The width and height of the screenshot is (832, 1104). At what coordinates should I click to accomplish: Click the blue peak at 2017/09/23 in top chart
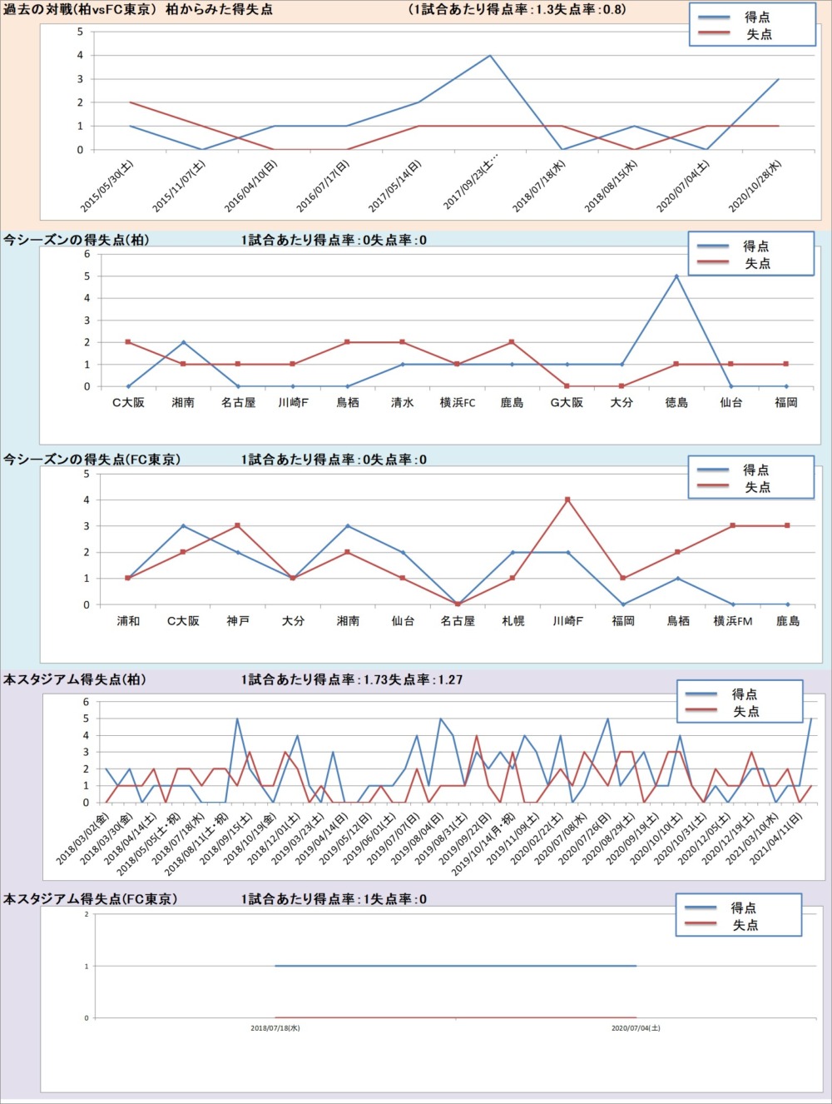490,56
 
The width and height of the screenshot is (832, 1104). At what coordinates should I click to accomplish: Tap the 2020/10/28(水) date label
755,186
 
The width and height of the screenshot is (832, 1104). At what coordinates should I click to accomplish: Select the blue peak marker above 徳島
676,276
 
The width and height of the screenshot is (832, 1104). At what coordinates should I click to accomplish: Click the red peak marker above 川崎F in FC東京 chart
567,500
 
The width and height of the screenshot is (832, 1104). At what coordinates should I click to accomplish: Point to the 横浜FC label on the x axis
458,403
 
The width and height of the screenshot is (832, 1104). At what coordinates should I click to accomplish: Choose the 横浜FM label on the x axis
732,621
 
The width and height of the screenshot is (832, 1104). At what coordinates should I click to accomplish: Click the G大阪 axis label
567,403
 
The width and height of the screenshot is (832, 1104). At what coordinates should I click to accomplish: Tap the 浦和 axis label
128,621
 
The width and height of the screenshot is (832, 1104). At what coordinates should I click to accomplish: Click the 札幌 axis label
513,621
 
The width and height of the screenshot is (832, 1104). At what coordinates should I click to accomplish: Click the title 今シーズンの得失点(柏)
76,240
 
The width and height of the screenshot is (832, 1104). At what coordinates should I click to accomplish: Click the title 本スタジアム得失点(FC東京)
90,899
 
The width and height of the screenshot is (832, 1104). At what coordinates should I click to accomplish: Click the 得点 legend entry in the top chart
757,17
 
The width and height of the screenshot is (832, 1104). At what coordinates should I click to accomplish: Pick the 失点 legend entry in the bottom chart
745,926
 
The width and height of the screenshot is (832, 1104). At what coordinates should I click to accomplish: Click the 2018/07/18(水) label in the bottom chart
275,1028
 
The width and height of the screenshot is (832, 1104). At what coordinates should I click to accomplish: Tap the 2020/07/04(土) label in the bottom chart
636,1028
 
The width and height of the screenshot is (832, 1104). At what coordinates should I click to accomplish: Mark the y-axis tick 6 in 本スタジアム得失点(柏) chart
86,702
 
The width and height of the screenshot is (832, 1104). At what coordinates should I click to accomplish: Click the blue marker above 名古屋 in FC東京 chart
458,604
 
